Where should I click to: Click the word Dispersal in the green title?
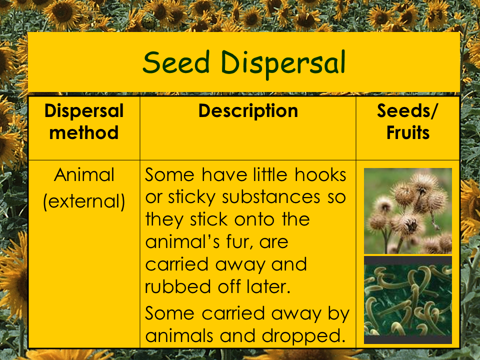(x=283, y=65)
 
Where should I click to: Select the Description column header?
(x=248, y=111)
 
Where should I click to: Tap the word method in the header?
(x=84, y=132)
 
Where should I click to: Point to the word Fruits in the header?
(x=408, y=132)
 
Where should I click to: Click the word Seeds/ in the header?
(x=407, y=110)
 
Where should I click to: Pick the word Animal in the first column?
(x=84, y=175)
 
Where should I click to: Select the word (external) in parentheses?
(x=84, y=201)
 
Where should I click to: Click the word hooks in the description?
(x=320, y=175)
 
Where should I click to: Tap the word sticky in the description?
(x=191, y=198)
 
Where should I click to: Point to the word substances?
(x=271, y=197)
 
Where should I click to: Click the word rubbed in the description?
(x=178, y=286)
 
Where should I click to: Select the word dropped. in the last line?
(x=302, y=336)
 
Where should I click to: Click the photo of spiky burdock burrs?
(x=408, y=211)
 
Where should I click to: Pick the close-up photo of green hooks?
(x=408, y=300)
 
